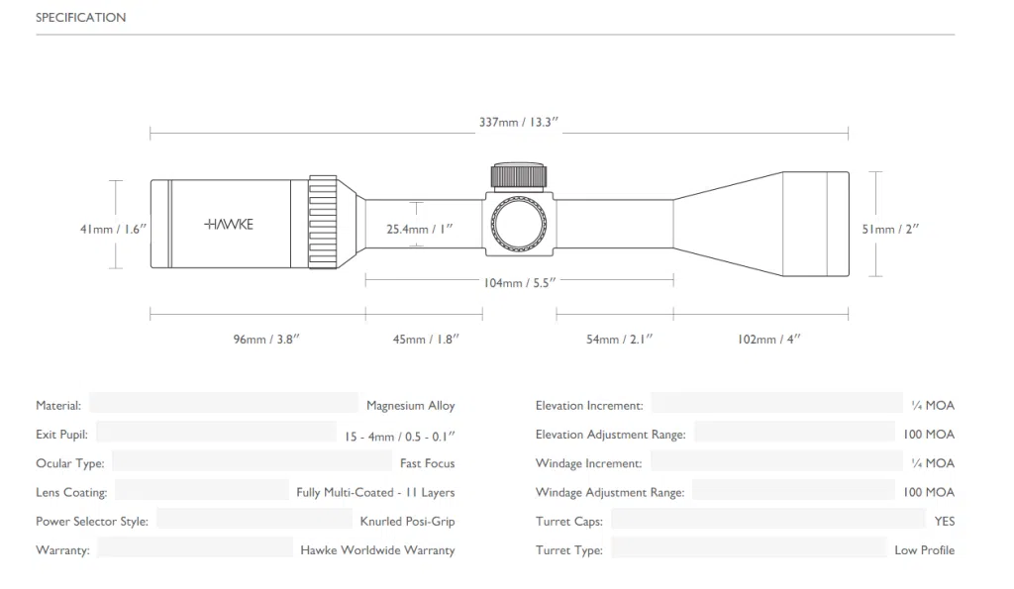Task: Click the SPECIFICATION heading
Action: pos(81,18)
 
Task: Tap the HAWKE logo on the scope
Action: pos(229,225)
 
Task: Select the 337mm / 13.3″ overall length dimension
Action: pos(519,122)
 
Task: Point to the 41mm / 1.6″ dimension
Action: pos(113,229)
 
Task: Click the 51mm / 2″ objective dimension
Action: pos(890,229)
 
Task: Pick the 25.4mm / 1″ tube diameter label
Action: pos(420,229)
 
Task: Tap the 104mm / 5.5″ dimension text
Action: pos(520,282)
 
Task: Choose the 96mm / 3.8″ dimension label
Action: pos(266,340)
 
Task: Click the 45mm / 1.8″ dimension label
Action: pos(426,340)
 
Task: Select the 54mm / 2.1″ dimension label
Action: pos(620,340)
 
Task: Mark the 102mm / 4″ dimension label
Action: pos(768,340)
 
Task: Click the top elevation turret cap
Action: pos(519,176)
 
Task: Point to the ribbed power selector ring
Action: pos(323,222)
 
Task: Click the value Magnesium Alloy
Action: pos(411,406)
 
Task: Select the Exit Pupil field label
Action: pos(61,435)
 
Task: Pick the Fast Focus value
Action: pos(428,463)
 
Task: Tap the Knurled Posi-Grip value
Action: pos(407,521)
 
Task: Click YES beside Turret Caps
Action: pos(944,521)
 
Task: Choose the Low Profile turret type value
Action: pos(925,550)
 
